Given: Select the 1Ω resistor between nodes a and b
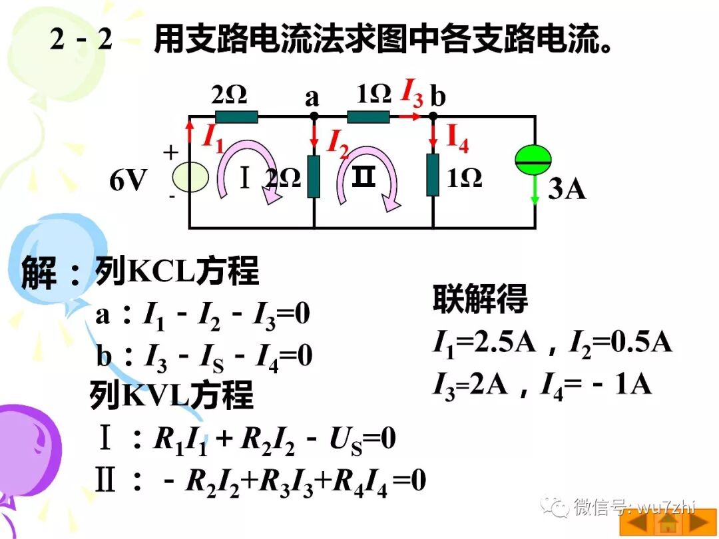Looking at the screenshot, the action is click(368, 117).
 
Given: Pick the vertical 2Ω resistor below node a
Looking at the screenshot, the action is click(314, 176).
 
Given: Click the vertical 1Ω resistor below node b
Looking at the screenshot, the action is click(433, 174).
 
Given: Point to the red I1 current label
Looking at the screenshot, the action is click(212, 138).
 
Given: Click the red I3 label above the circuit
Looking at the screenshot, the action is click(411, 92).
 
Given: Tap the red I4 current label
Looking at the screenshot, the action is click(457, 138).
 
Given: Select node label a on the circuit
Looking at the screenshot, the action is click(312, 98).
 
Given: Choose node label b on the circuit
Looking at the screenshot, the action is click(437, 97).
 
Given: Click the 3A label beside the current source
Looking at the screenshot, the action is click(567, 189).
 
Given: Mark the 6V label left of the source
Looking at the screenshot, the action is click(128, 180).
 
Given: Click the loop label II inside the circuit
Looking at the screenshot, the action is click(364, 177).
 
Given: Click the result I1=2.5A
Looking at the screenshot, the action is click(485, 342).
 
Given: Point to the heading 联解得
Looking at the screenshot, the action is click(480, 299).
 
